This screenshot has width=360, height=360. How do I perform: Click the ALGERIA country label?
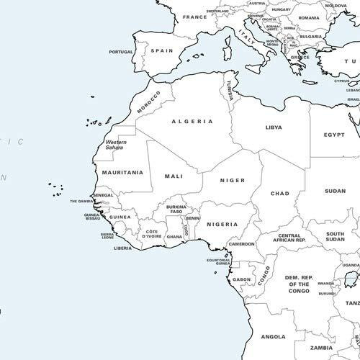192,121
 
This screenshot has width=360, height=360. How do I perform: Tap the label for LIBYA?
274,127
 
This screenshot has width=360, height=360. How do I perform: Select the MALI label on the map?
174,176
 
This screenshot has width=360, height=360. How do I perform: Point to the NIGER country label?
233,180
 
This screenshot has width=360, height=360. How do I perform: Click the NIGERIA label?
222,224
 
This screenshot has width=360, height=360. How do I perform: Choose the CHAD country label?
279,193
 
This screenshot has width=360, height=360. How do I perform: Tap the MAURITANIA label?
122,173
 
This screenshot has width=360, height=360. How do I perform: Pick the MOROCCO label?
150,102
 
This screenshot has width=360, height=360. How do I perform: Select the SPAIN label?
162,51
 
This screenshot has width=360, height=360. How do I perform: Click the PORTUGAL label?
121,52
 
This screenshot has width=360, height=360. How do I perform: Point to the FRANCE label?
194,17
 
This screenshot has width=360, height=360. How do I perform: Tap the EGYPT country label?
334,135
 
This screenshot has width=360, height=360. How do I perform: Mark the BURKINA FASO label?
176,210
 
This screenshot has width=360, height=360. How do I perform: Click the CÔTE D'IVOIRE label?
151,233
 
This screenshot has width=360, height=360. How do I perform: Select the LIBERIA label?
123,248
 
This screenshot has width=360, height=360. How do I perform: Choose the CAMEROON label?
242,244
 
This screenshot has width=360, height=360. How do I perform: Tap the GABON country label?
242,279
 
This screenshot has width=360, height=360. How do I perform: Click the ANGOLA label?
274,336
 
